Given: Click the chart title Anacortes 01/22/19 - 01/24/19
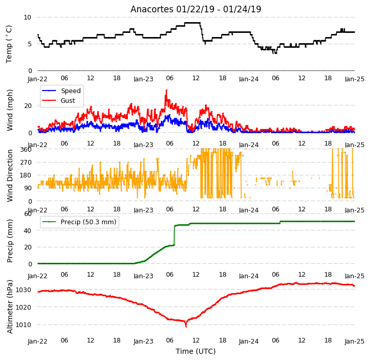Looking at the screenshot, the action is [196, 9].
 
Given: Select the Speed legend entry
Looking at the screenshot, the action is [61, 91].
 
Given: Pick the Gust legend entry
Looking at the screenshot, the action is [59, 101].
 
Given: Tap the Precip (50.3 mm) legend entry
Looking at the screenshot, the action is [79, 222].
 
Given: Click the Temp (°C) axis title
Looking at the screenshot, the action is [9, 44].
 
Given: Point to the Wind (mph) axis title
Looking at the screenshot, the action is [10, 110].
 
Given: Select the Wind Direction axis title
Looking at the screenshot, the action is [10, 175].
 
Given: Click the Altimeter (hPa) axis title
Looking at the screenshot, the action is [10, 307].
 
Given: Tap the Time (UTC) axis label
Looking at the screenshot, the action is [196, 351].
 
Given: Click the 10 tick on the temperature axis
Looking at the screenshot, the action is [27, 17].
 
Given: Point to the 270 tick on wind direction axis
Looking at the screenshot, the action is [26, 163].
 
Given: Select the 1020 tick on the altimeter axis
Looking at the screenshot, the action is [24, 307].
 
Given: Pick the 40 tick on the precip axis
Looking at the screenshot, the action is [28, 230].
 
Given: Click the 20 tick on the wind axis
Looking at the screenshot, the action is [28, 105].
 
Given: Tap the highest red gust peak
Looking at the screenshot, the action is [166, 90].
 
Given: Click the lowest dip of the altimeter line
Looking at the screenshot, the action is [186, 327].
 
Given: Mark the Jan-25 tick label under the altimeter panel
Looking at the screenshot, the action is [355, 341].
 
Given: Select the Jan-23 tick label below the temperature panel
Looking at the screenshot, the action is [143, 79].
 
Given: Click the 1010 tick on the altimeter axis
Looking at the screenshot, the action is [24, 325].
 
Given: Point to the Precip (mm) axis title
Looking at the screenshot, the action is [10, 241].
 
